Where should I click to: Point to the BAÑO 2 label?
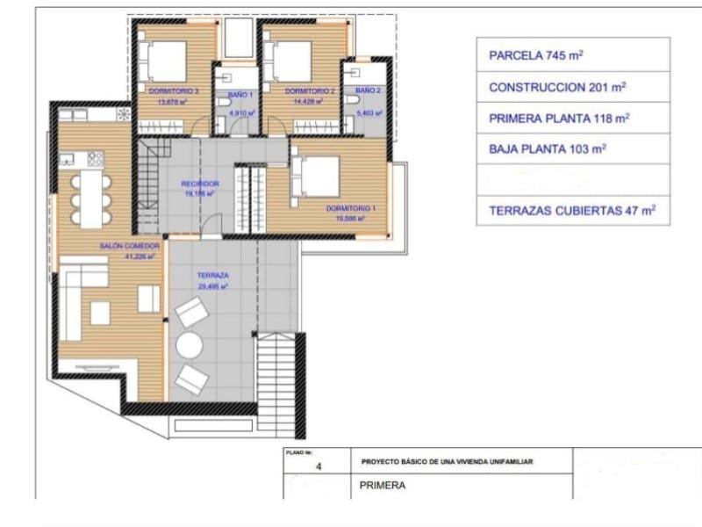pyautogui.click(x=368, y=91)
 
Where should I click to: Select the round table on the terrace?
pyautogui.click(x=189, y=345)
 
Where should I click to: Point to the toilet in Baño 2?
pyautogui.click(x=354, y=103)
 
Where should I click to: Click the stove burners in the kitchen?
pyautogui.click(x=95, y=159)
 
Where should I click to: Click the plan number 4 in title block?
pyautogui.click(x=319, y=468)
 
